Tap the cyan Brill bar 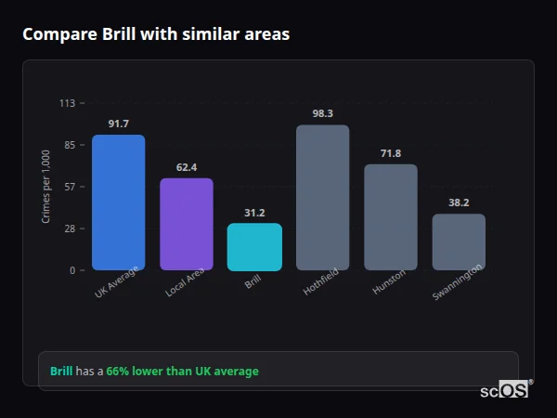point(254,247)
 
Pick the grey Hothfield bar point(322,198)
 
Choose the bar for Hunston point(390,217)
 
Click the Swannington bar point(459,242)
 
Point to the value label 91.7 point(118,124)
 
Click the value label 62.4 point(186,167)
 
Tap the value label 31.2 point(254,213)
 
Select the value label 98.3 point(322,113)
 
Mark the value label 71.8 point(390,153)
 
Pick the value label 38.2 point(459,202)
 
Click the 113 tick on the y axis point(67,103)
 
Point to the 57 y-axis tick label point(69,187)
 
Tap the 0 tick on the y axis point(71,270)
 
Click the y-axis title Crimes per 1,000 point(46,187)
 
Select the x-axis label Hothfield point(321,281)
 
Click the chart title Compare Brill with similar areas point(156,34)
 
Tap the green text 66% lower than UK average point(182,372)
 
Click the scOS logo point(505,390)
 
